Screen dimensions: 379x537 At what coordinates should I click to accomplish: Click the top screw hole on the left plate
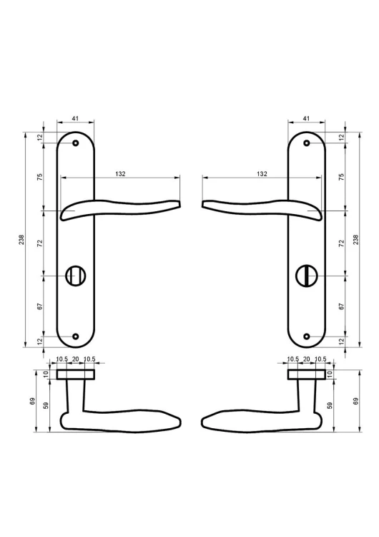tap(76, 142)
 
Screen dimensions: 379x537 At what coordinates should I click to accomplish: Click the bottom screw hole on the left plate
tap(76, 337)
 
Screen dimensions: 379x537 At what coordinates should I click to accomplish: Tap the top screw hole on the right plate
tap(307, 142)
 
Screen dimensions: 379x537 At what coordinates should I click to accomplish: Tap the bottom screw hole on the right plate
tap(307, 337)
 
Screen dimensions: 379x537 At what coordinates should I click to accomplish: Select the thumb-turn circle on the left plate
tap(72, 276)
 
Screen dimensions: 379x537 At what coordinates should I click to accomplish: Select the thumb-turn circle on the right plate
tap(302, 276)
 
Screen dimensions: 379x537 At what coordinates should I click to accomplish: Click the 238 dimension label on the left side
tap(21, 239)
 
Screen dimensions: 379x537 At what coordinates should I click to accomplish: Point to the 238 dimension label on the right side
tap(355, 239)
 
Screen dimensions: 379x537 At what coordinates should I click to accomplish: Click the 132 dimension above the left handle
tap(119, 174)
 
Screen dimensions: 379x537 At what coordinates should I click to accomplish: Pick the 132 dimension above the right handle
tap(262, 174)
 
